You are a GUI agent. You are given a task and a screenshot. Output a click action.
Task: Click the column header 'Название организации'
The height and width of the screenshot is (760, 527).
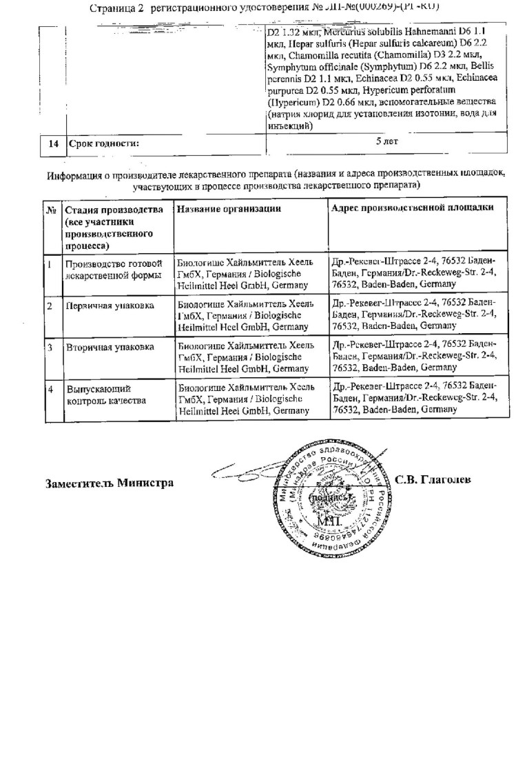pyautogui.click(x=229, y=209)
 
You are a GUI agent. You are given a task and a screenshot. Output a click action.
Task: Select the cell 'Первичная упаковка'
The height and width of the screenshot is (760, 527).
pyautogui.click(x=110, y=305)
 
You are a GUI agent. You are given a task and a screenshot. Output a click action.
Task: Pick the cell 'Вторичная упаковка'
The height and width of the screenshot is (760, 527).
pyautogui.click(x=110, y=347)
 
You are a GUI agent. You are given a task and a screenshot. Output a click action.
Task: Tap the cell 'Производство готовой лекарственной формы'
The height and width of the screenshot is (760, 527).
pyautogui.click(x=114, y=269)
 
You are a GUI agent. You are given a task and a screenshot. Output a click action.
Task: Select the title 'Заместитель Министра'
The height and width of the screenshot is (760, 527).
pyautogui.click(x=109, y=482)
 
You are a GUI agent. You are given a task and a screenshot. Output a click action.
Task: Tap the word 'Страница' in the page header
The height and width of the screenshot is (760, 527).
pyautogui.click(x=112, y=8)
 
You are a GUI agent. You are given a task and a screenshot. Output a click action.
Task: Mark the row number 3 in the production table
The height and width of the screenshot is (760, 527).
pyautogui.click(x=50, y=347)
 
